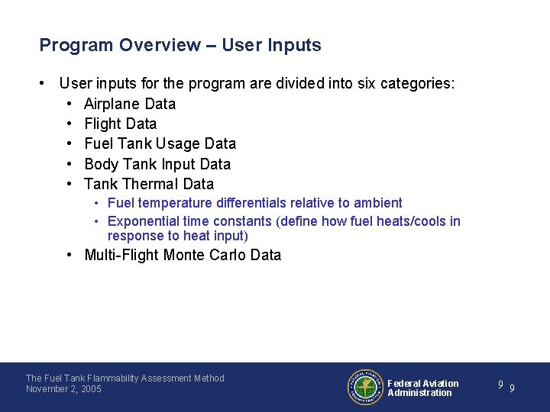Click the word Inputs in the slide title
(x=294, y=45)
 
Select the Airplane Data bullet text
(x=130, y=104)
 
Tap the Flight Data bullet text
(x=120, y=124)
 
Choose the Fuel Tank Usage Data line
(x=160, y=143)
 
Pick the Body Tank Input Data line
(x=157, y=164)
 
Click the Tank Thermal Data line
(x=149, y=184)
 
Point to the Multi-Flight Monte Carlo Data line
(x=183, y=255)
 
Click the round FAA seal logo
(x=366, y=388)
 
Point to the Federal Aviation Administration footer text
(x=423, y=388)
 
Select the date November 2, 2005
(x=63, y=389)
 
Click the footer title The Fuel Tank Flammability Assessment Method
(x=125, y=378)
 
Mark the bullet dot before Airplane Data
(x=70, y=104)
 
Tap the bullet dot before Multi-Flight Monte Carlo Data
(x=70, y=255)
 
